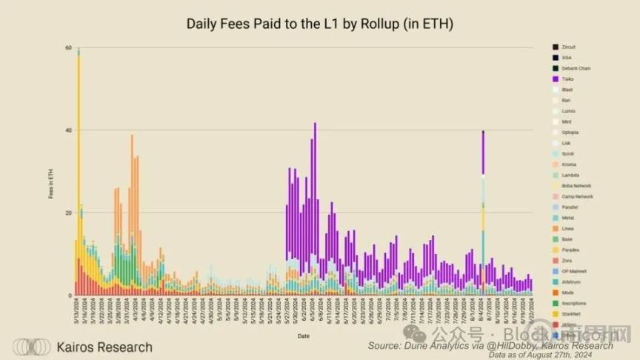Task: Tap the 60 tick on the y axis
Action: point(68,47)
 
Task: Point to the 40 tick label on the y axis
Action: point(68,130)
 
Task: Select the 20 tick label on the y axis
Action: point(68,213)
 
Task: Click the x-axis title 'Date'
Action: point(304,336)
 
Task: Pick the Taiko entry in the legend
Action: point(567,79)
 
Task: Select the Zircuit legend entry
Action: point(569,47)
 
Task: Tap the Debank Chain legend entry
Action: point(576,68)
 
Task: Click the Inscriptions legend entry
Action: point(574,303)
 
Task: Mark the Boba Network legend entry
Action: point(576,186)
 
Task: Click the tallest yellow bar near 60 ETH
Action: point(79,148)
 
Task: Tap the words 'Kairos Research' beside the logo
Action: point(104,347)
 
